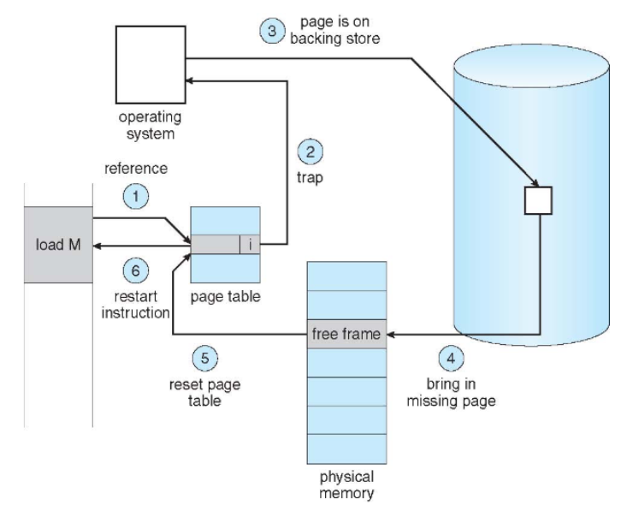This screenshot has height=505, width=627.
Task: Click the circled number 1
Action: pyautogui.click(x=136, y=197)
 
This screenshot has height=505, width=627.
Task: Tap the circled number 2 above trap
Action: pyautogui.click(x=311, y=151)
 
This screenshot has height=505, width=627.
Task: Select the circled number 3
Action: pyautogui.click(x=272, y=31)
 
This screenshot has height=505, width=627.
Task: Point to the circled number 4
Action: pyautogui.click(x=451, y=358)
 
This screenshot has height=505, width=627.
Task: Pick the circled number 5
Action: pyautogui.click(x=205, y=358)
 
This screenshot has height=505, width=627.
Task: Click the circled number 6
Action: pyautogui.click(x=136, y=270)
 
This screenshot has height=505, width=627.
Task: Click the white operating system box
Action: pyautogui.click(x=151, y=65)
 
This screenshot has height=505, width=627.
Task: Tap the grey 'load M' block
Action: pyautogui.click(x=58, y=245)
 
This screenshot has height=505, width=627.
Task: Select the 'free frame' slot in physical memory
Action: pyautogui.click(x=346, y=334)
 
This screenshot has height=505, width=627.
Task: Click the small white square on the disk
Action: pyautogui.click(x=538, y=200)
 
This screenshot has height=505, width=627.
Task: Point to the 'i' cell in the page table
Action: pyautogui.click(x=250, y=244)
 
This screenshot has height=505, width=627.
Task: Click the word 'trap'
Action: pyautogui.click(x=310, y=177)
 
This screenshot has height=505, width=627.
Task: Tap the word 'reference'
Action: pyautogui.click(x=136, y=169)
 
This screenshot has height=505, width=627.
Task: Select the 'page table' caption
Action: pyautogui.click(x=226, y=296)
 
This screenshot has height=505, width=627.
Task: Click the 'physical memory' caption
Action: pyautogui.click(x=346, y=484)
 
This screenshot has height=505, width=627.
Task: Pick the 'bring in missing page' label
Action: pyautogui.click(x=451, y=392)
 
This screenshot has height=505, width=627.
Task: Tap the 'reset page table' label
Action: pyautogui.click(x=204, y=393)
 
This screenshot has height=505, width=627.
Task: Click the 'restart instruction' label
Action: pyautogui.click(x=135, y=305)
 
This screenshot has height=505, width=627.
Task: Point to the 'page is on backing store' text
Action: pyautogui.click(x=335, y=30)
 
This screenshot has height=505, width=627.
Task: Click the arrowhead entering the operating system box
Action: pyautogui.click(x=190, y=80)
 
